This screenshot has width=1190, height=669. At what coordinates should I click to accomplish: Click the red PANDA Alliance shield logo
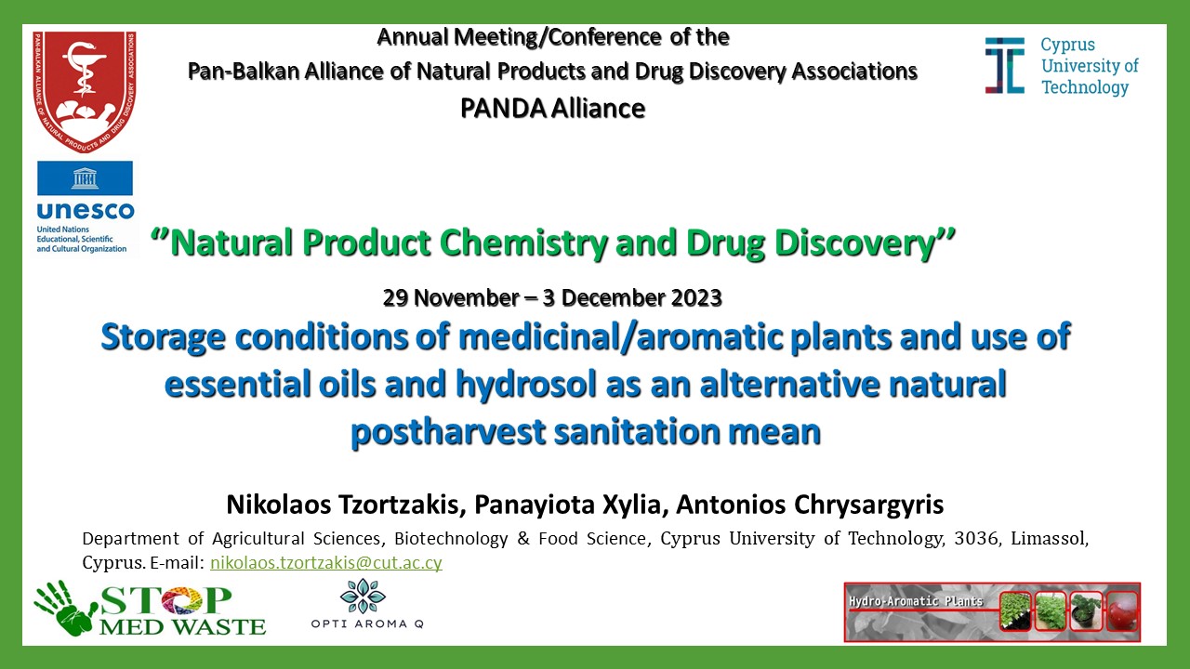85,91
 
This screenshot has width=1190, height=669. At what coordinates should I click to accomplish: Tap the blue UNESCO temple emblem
85,177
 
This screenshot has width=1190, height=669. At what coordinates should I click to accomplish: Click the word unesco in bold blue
86,211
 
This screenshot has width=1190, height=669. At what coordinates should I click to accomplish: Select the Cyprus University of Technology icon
1005,66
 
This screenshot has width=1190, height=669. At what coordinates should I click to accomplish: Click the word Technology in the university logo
1085,87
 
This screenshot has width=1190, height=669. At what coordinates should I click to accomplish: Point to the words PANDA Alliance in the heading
552,109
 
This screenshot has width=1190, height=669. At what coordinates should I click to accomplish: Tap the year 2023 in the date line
696,298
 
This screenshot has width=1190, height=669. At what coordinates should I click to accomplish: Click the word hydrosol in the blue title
526,385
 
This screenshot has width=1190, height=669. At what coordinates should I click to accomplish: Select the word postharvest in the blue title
448,432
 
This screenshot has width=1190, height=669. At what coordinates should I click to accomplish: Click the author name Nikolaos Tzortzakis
346,505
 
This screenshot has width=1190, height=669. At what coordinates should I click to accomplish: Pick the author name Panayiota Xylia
571,505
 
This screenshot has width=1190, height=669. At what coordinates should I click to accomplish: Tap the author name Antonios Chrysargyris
810,505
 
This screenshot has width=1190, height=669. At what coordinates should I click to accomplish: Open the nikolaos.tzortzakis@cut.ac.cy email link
326,563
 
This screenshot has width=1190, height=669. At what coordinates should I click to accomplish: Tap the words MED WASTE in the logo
182,627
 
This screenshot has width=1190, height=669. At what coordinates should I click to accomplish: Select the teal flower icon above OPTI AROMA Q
363,596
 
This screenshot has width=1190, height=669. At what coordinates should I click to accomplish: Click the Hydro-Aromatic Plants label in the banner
916,601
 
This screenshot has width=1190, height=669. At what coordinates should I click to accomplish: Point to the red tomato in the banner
1122,610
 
